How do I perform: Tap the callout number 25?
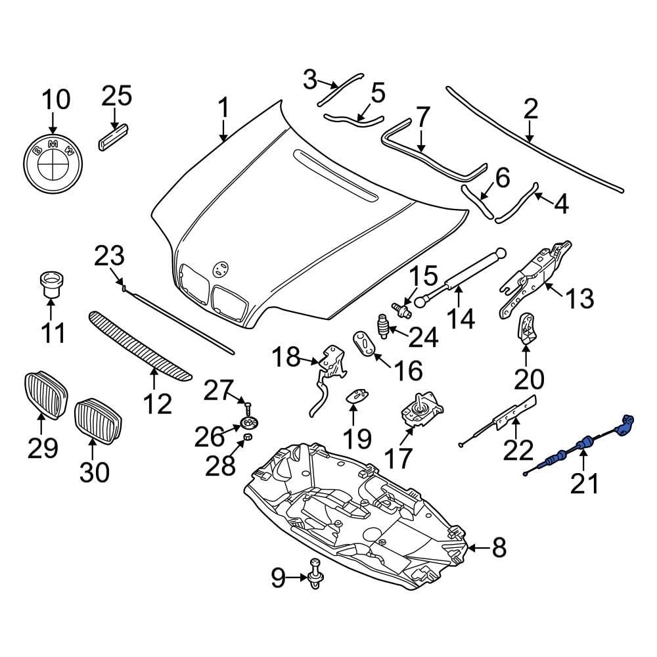116,96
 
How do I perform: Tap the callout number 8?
499,547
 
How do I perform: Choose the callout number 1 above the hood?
223,108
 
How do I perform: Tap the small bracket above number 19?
354,394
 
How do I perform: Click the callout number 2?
530,108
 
